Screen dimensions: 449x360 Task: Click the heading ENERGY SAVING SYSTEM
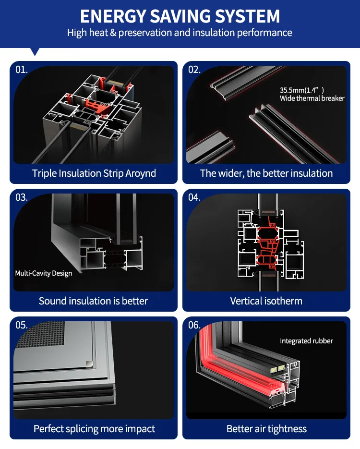click(x=180, y=16)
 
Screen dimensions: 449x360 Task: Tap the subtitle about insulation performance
click(x=180, y=33)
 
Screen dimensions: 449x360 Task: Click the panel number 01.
click(x=22, y=70)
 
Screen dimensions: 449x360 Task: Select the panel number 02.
click(x=194, y=70)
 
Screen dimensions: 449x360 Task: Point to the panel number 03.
click(x=22, y=197)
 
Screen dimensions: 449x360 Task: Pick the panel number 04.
click(x=194, y=197)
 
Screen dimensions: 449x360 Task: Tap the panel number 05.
click(x=22, y=325)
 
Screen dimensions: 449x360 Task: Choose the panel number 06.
click(x=194, y=325)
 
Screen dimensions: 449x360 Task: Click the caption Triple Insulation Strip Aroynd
click(x=94, y=173)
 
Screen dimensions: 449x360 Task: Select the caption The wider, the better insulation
click(x=266, y=173)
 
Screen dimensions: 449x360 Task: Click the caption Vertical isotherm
click(x=266, y=301)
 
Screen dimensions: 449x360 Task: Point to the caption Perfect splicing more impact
click(x=94, y=429)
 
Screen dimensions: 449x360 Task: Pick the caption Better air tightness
click(x=266, y=429)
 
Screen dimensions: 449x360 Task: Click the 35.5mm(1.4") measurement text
click(x=302, y=90)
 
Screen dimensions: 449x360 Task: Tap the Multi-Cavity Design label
click(x=44, y=273)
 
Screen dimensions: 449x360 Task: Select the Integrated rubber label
click(x=306, y=341)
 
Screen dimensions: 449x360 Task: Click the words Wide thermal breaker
click(x=312, y=98)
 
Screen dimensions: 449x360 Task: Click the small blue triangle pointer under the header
click(x=35, y=51)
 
